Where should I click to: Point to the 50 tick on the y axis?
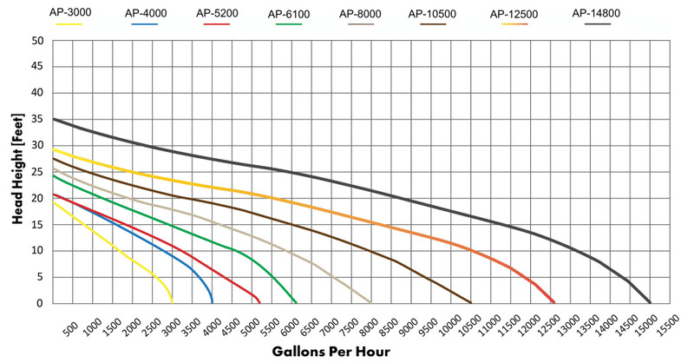pyautogui.click(x=38, y=41)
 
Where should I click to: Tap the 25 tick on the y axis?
pyautogui.click(x=38, y=172)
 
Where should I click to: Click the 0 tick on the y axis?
pyautogui.click(x=41, y=303)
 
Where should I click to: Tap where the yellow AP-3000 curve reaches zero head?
pyautogui.click(x=173, y=302)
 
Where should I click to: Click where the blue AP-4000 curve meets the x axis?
pyautogui.click(x=213, y=302)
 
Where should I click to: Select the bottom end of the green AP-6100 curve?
pyautogui.click(x=296, y=302)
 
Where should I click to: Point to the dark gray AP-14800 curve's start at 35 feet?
pyautogui.click(x=54, y=119)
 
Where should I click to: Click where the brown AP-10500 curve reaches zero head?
pyautogui.click(x=471, y=302)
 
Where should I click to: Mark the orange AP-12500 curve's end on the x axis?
pyautogui.click(x=553, y=302)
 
